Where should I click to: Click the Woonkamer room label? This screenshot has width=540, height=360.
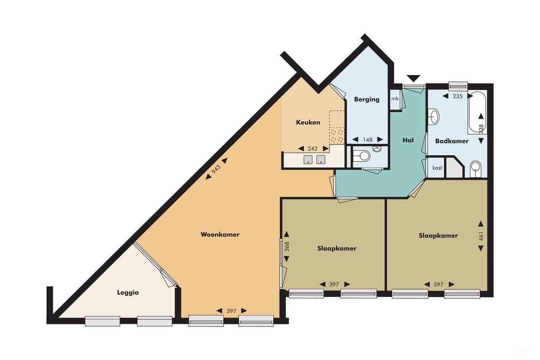tap(220, 235)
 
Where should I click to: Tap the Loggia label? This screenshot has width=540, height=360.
tap(128, 292)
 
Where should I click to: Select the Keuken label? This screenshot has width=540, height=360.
tap(308, 122)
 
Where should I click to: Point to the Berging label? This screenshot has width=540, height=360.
tap(367, 100)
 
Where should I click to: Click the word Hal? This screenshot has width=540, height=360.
tap(408, 140)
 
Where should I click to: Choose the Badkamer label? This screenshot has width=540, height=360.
tap(452, 141)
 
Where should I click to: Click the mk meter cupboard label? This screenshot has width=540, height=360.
tap(395, 99)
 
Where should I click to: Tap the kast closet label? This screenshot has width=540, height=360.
tap(437, 168)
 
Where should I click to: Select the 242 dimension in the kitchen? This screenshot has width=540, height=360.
tap(313, 149)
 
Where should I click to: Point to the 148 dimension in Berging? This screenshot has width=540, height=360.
tap(368, 140)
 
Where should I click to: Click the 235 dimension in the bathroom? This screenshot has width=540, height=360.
tap(458, 96)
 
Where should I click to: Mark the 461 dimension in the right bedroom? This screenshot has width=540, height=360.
tap(481, 236)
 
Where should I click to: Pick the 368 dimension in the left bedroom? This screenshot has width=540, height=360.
tap(286, 246)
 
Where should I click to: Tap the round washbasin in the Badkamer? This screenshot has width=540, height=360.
tap(434, 116)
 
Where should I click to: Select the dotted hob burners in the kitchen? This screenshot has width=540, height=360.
tap(337, 135)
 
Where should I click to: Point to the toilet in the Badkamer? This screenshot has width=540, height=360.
tap(475, 168)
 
